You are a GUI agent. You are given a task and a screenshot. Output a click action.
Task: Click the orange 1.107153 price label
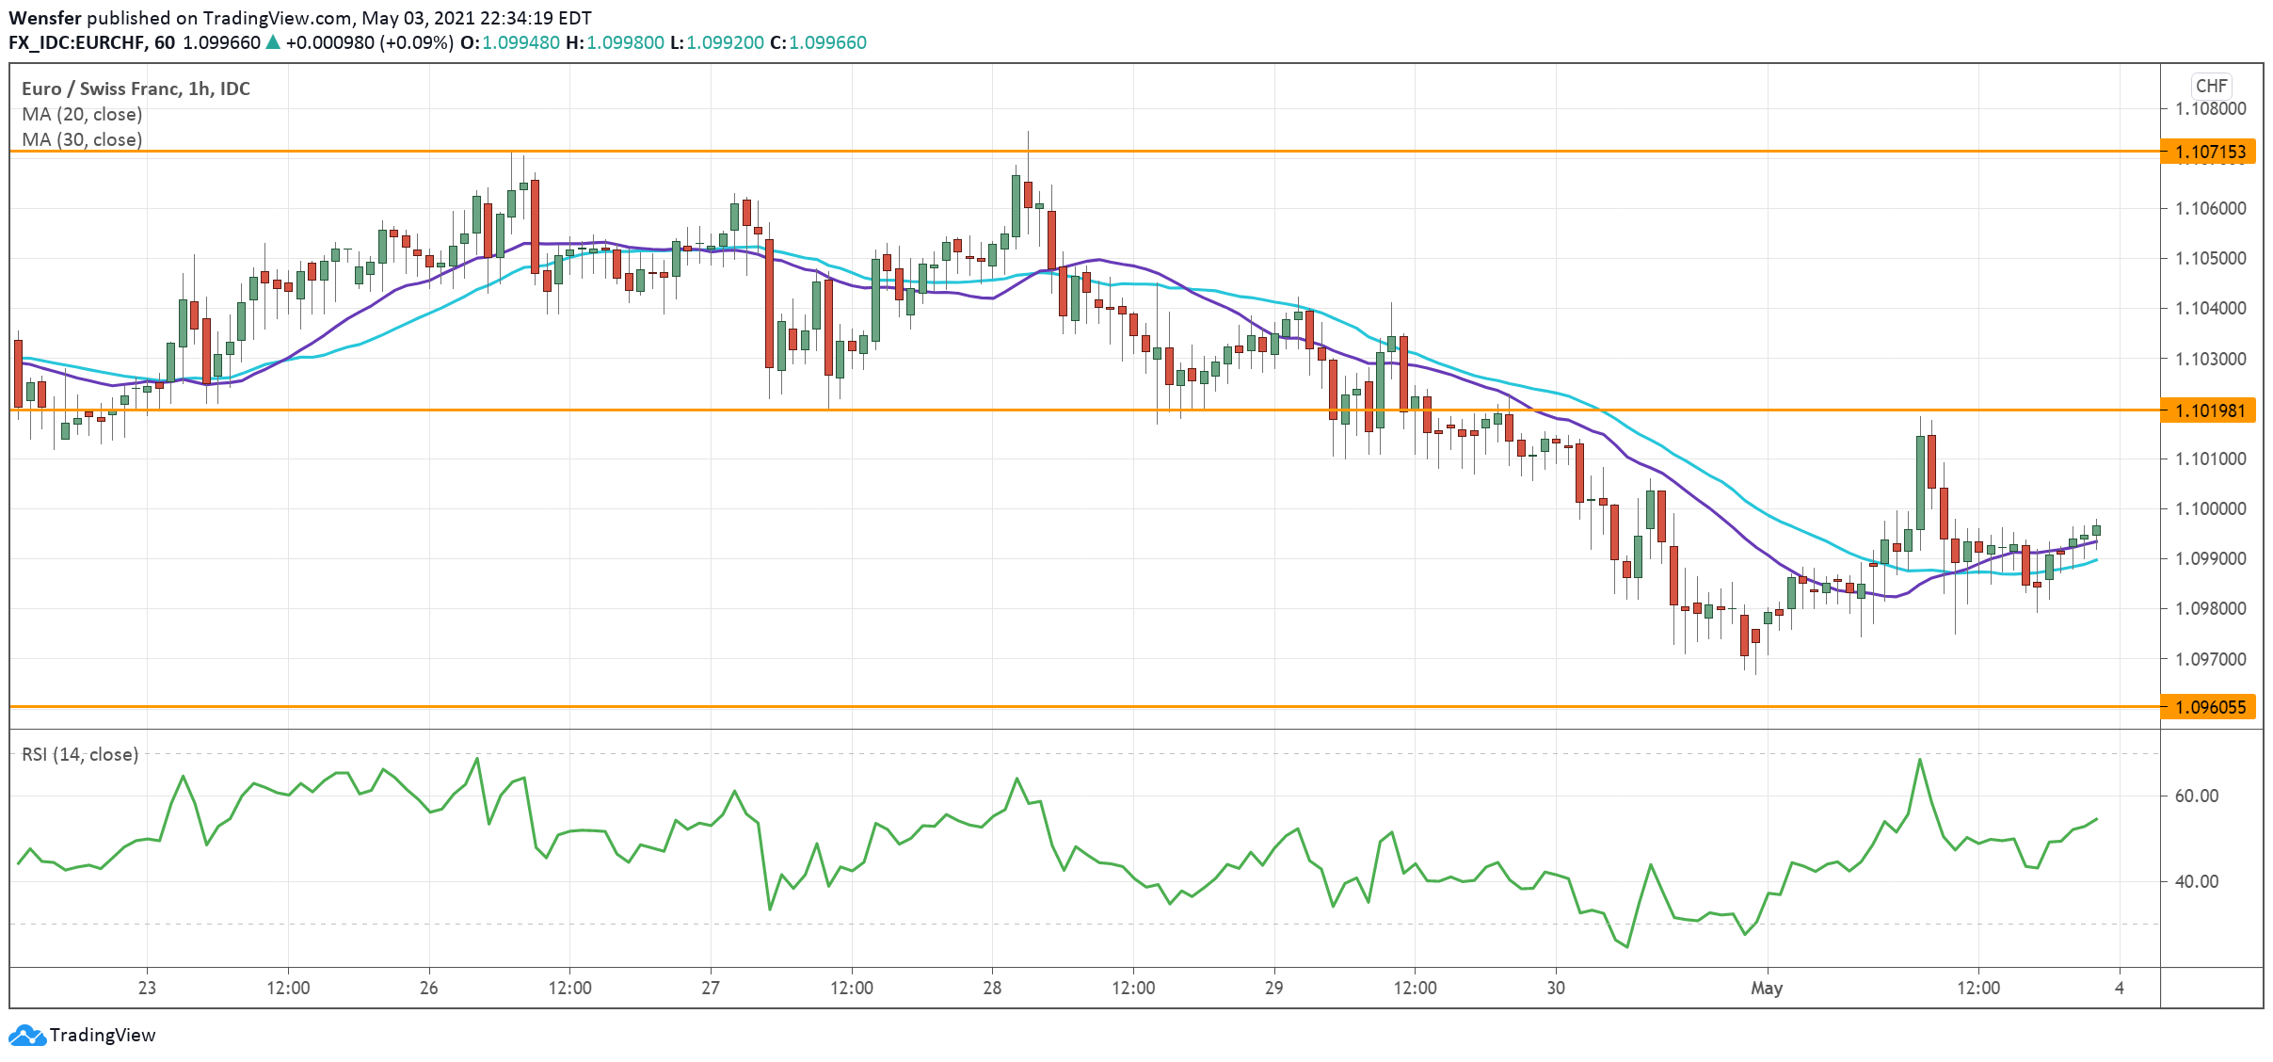[x=2209, y=152]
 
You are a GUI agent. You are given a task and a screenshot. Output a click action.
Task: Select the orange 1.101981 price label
[x=2209, y=410]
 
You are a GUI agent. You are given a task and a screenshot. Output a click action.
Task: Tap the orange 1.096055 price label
[x=2209, y=707]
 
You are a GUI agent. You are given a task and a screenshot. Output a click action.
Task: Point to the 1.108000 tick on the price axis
[x=2210, y=108]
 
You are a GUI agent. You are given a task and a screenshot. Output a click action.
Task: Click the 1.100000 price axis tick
[x=2210, y=508]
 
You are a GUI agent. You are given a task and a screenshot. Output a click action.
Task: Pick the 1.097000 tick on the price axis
[x=2210, y=659]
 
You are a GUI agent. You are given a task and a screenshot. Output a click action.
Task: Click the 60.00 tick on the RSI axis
[x=2196, y=796]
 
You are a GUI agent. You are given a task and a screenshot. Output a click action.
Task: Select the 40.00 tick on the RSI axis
[x=2196, y=881]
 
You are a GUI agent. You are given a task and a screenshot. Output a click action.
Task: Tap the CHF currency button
[x=2211, y=86]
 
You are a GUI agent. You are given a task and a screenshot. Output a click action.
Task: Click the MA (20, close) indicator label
[x=82, y=114]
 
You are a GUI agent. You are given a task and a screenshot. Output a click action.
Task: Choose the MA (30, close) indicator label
[x=82, y=139]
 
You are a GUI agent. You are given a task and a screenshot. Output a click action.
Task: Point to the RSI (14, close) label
[x=80, y=754]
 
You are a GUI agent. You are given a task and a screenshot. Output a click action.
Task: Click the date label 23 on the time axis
[x=147, y=988]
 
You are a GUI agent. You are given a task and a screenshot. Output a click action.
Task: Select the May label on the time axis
[x=1767, y=988]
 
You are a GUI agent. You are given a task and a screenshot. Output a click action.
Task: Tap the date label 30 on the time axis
[x=1556, y=988]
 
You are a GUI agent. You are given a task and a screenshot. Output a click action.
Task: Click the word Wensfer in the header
[x=45, y=18]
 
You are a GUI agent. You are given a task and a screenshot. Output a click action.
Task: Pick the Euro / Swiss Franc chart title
[x=136, y=88]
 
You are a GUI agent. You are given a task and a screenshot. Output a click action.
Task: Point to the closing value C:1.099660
[x=818, y=42]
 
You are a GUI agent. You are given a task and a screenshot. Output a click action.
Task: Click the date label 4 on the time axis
[x=2119, y=988]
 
